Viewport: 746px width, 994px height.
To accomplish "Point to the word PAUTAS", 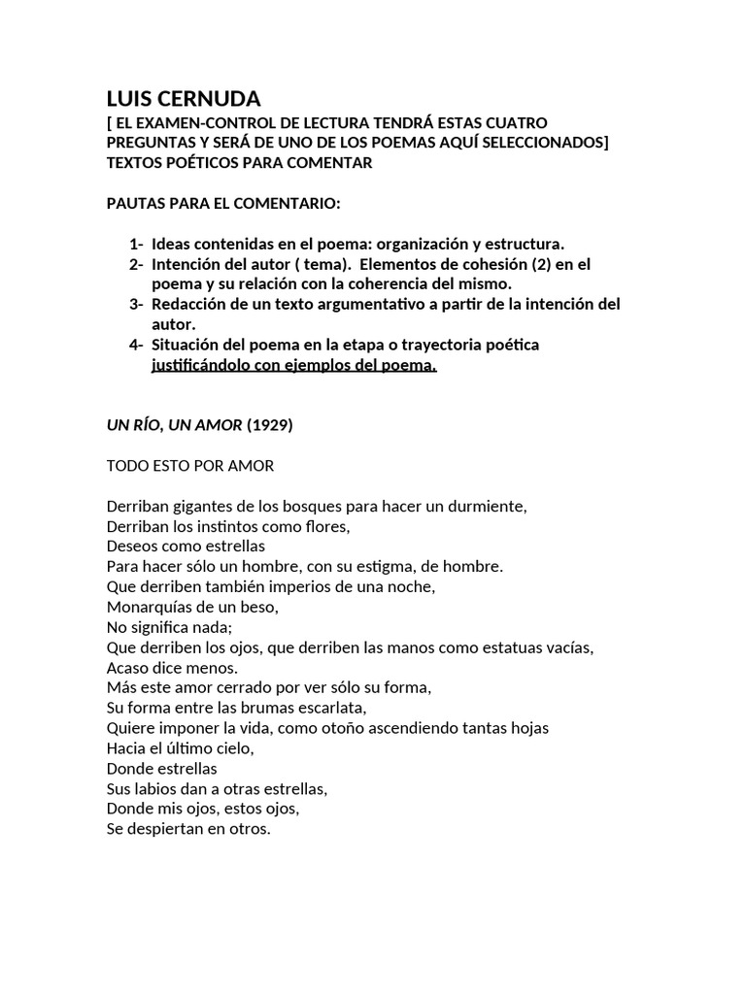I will (x=135, y=203).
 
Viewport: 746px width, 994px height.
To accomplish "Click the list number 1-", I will (x=136, y=244).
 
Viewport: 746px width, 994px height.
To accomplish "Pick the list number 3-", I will (x=136, y=304).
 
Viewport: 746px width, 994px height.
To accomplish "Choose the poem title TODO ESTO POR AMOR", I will (x=190, y=466).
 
